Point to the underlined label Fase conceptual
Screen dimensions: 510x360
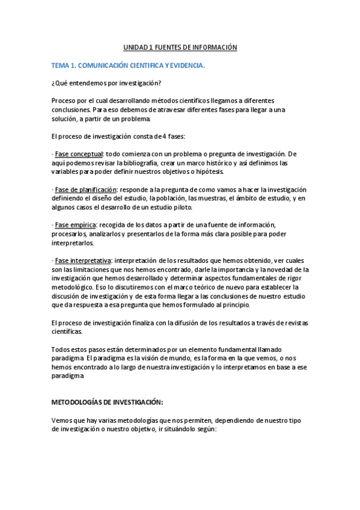79,154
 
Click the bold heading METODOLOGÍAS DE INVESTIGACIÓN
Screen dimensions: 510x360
107,402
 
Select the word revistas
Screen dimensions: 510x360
294,323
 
